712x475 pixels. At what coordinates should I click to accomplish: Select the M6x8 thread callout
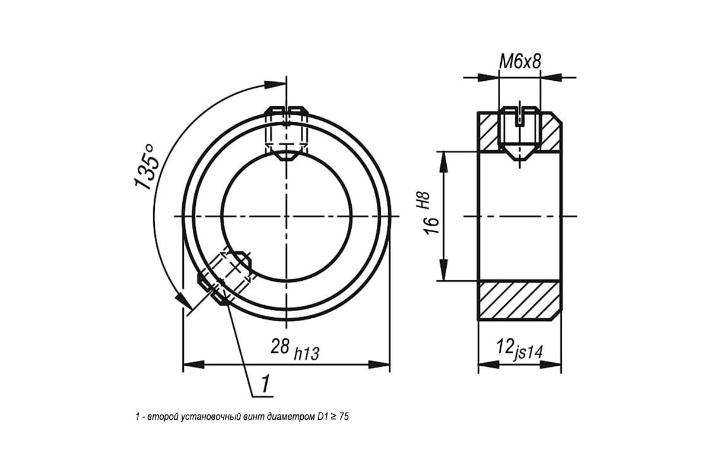pos(520,61)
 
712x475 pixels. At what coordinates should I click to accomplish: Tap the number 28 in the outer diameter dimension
pos(280,347)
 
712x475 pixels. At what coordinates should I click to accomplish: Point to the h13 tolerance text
pos(306,354)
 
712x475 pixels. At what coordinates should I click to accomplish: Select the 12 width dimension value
pos(505,346)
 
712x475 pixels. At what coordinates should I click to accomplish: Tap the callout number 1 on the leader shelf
pos(265,384)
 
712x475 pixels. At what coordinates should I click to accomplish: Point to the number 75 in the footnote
pos(344,416)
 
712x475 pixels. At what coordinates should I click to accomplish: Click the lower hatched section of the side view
pos(520,300)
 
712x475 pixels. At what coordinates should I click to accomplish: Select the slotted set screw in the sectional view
pos(520,132)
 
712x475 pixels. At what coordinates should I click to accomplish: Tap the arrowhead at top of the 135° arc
pos(275,84)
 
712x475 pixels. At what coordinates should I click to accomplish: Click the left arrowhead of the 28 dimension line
pos(194,365)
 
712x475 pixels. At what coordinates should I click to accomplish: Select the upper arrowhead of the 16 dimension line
pos(443,162)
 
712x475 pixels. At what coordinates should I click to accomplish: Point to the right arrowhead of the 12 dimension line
pos(551,365)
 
